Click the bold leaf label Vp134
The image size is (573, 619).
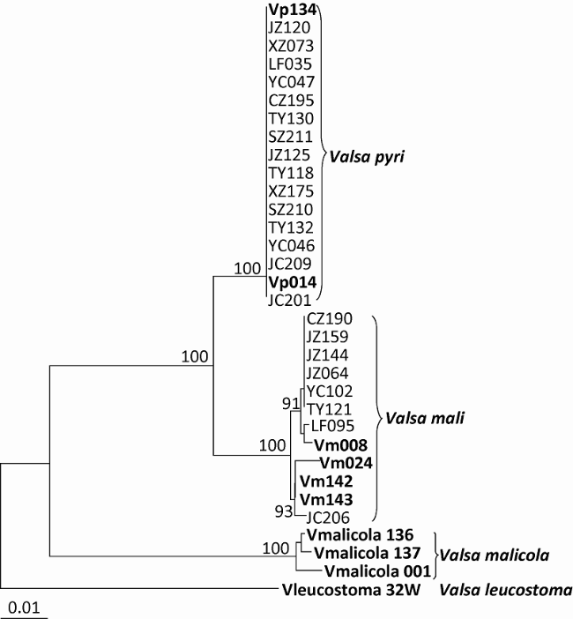pyautogui.click(x=291, y=10)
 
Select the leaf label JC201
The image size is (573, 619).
pyautogui.click(x=289, y=301)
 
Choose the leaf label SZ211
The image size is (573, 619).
pyautogui.click(x=289, y=137)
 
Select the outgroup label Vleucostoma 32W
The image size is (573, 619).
pyautogui.click(x=341, y=591)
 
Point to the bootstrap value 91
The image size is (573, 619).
pyautogui.click(x=291, y=404)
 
